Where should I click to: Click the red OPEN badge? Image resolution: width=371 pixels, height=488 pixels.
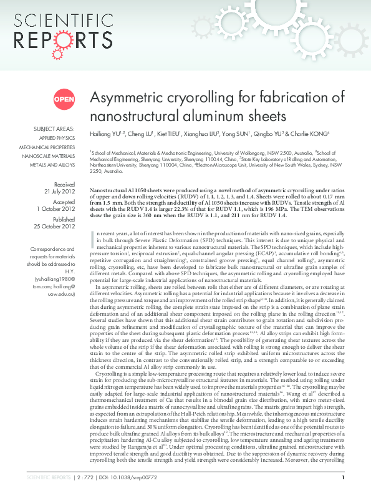click(64, 99)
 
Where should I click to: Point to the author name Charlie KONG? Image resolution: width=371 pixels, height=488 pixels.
click(311, 134)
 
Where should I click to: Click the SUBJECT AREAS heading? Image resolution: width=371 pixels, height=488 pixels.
click(54, 129)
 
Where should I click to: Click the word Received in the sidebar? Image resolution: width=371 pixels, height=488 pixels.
click(65, 184)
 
